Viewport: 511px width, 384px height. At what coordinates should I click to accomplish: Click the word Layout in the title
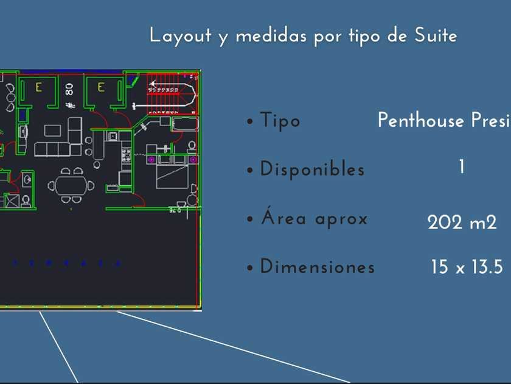point(180,35)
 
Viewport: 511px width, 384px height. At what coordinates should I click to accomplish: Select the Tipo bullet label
point(280,121)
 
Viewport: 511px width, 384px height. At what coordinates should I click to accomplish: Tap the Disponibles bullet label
point(312,169)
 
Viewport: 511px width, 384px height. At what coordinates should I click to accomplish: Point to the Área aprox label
point(314,218)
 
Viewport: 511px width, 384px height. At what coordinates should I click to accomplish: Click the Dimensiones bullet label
point(317,267)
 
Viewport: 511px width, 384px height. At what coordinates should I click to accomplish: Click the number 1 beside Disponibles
point(462,166)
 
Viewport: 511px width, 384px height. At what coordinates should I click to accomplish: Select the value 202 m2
point(462,222)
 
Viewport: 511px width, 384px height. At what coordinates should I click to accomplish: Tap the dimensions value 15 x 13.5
point(467,267)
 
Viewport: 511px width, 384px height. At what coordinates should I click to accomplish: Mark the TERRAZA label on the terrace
point(67,263)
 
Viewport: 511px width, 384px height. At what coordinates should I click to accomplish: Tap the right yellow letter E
point(102,88)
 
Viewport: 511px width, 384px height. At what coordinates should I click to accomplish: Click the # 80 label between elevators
point(69,96)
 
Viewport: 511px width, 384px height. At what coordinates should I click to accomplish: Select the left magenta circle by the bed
point(151,160)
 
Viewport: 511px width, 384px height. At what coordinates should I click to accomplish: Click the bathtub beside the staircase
point(185,124)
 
